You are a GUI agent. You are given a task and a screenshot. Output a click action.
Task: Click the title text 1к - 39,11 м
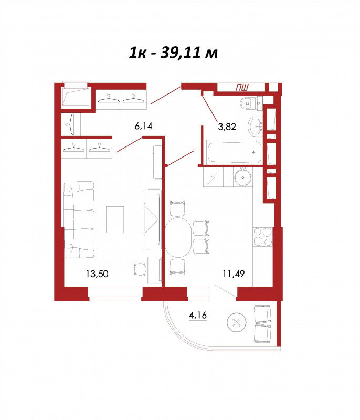(x=173, y=53)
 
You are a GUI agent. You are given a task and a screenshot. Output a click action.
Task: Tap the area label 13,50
(x=97, y=274)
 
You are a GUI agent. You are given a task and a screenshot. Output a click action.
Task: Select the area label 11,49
(x=234, y=274)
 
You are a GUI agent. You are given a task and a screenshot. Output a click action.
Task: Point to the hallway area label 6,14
(x=143, y=126)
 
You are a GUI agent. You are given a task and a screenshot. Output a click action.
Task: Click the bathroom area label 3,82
(x=227, y=127)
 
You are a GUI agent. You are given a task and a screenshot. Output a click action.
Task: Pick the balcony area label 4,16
(x=198, y=315)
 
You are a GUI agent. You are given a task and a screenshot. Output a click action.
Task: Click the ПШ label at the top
(x=242, y=87)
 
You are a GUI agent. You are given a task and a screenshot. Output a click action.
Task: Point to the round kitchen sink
(x=243, y=177)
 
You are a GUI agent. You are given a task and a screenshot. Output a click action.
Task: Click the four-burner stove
(x=263, y=237)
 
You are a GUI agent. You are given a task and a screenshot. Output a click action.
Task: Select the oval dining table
(x=178, y=237)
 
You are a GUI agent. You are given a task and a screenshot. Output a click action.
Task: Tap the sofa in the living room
(x=79, y=219)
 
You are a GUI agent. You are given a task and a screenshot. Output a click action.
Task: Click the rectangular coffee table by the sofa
(x=115, y=219)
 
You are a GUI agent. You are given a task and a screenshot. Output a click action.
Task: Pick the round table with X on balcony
(x=236, y=322)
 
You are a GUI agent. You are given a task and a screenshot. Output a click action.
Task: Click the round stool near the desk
(x=140, y=269)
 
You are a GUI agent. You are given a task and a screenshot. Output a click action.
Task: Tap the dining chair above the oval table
(x=178, y=208)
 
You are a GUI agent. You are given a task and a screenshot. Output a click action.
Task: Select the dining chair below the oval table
(x=178, y=267)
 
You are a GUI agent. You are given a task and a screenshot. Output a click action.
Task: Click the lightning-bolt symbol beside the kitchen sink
(x=213, y=177)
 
